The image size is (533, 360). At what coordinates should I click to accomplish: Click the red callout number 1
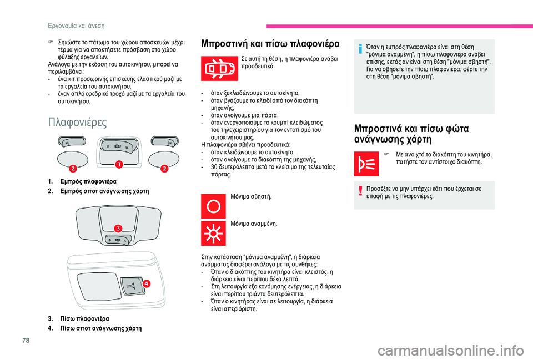tap(118, 164)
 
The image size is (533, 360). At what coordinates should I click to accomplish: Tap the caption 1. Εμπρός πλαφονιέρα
tap(82, 181)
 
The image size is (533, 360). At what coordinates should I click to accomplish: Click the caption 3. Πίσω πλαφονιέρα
tap(78, 318)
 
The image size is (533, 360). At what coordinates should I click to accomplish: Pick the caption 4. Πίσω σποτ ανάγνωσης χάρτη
tap(94, 328)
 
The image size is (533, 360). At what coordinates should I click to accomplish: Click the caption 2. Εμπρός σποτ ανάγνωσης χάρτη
tap(98, 190)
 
